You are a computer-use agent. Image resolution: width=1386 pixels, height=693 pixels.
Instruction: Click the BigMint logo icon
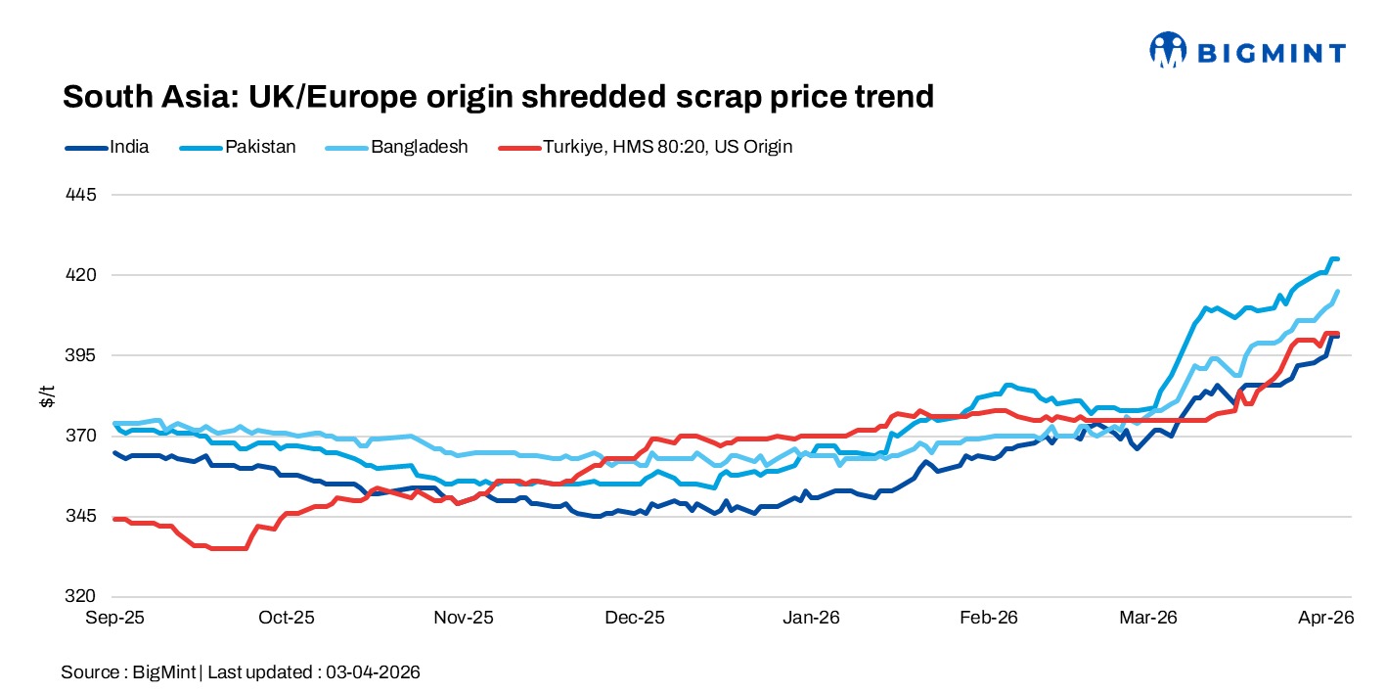(1168, 50)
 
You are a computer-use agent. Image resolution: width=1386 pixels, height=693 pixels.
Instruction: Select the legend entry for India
(108, 147)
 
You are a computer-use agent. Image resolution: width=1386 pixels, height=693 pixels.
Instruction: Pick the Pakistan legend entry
(240, 147)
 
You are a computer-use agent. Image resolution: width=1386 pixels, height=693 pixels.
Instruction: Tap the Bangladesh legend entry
(403, 147)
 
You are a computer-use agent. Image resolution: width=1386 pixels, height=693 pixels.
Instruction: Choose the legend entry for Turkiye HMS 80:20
(647, 147)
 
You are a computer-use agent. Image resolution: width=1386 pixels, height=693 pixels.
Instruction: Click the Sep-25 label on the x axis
(114, 618)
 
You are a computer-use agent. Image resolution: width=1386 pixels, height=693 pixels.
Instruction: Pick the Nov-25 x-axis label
(464, 618)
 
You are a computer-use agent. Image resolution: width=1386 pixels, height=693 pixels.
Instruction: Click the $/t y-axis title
(46, 395)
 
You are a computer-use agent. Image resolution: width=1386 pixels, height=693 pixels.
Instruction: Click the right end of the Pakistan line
(1336, 259)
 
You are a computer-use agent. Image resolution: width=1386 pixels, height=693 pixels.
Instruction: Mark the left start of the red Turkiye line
(115, 519)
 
